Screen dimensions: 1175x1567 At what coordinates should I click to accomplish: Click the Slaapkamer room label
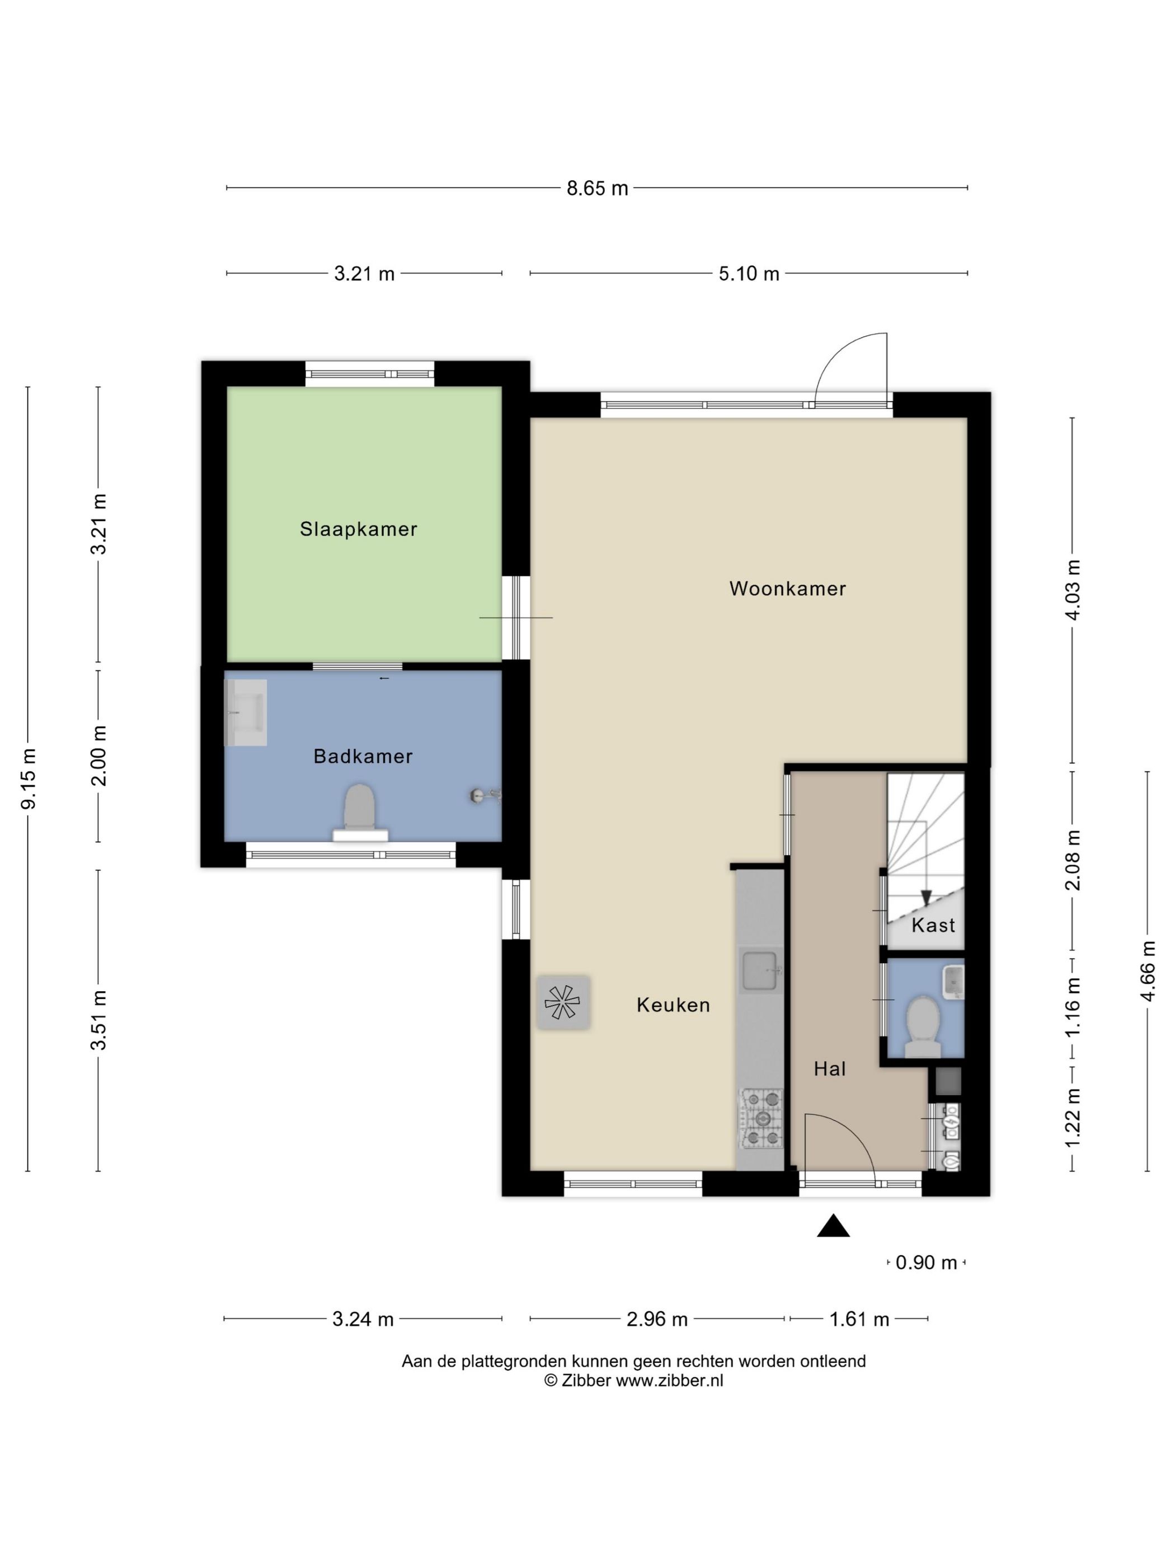coord(359,529)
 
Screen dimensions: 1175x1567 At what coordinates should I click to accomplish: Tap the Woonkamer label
coord(788,589)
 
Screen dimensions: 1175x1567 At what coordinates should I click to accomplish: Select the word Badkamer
coord(363,757)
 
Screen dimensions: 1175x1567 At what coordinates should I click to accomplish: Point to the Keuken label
coord(673,1005)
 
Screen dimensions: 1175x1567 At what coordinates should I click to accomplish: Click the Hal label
coord(829,1069)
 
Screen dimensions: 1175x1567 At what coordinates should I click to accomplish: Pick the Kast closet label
coord(933,925)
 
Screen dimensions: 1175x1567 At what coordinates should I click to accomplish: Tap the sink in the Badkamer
coord(245,712)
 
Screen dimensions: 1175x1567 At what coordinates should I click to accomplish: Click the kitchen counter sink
coord(762,970)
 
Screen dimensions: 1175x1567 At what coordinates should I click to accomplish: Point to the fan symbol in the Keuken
coord(563,1002)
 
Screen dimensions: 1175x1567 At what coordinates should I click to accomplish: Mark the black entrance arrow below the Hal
coord(833,1226)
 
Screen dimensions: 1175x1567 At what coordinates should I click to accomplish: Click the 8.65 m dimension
coord(597,189)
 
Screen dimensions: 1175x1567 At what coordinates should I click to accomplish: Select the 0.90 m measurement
coord(927,1263)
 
